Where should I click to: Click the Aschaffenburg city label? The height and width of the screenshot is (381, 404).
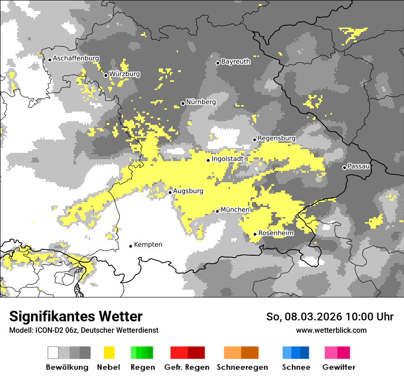(76, 58)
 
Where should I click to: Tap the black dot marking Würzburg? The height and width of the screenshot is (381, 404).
(106, 75)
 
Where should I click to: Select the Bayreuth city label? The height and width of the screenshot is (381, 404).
(236, 62)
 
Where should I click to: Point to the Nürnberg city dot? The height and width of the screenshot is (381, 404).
(183, 103)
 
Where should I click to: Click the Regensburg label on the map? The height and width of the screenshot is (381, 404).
(276, 138)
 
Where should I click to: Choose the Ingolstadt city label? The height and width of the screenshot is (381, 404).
(227, 159)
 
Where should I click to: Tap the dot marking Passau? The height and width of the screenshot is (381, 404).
(344, 168)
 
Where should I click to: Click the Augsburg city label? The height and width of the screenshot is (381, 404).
(188, 191)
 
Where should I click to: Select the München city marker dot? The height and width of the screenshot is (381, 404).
(217, 211)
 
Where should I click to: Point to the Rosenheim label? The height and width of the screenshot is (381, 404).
(275, 233)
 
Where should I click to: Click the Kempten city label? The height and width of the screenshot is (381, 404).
(148, 245)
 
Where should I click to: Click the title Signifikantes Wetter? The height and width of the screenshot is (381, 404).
(76, 316)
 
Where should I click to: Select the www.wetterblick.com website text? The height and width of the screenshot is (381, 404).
(331, 330)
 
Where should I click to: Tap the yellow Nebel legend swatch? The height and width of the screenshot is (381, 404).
(108, 353)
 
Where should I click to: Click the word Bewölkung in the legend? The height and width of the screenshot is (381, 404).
(67, 367)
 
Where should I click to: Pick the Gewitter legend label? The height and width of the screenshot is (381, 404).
(338, 367)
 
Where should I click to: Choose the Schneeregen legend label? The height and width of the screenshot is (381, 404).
(242, 367)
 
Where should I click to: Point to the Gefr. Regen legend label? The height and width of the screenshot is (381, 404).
(186, 367)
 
